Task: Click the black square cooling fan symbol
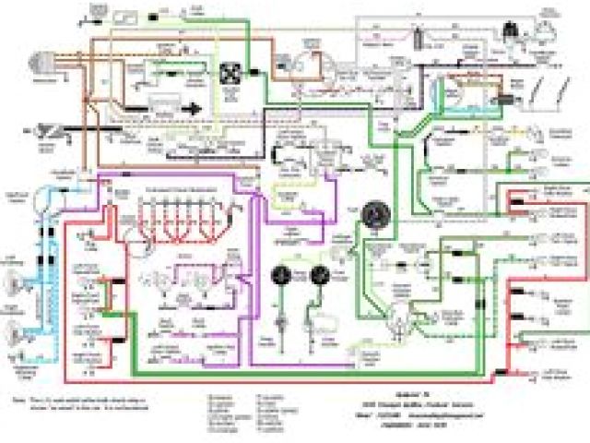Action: pos(229,71)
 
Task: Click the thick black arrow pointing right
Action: pos(191,108)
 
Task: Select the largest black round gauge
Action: pos(376,214)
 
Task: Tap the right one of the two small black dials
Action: pos(321,275)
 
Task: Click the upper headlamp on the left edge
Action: pos(15,285)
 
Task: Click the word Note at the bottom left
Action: pos(18,402)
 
